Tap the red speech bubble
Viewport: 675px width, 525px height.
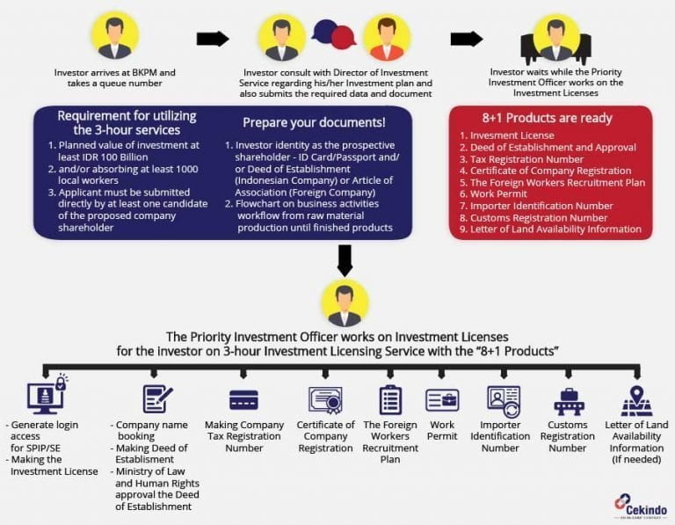(343, 37)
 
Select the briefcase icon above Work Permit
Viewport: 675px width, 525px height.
(442, 400)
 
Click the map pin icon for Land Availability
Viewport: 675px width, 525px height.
(636, 400)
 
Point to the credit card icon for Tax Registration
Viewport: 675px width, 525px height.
(243, 400)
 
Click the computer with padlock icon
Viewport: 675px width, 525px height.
(47, 397)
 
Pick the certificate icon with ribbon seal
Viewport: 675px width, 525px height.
(325, 400)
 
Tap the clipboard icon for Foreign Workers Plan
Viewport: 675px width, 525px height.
(390, 400)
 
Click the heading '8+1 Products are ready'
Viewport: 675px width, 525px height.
(550, 118)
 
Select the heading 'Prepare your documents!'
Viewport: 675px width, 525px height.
(313, 122)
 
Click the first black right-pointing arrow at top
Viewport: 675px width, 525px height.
(212, 39)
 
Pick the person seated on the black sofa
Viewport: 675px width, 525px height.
(555, 37)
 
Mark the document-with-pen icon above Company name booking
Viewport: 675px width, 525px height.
(157, 398)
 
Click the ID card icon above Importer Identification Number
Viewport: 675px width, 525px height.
(504, 401)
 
